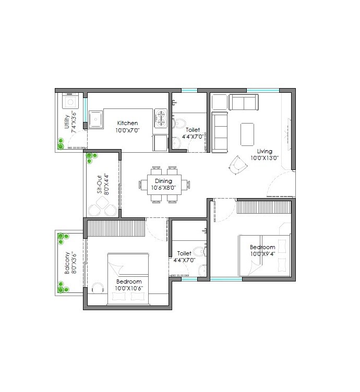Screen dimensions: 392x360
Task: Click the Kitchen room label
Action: click(127, 123)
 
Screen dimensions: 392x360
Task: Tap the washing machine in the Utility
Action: click(70, 101)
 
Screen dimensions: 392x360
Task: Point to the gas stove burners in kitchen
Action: click(161, 118)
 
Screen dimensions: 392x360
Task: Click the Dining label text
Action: click(163, 181)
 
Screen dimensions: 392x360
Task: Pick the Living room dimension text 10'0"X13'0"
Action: click(265, 158)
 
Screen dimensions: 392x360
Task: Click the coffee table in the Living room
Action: click(247, 134)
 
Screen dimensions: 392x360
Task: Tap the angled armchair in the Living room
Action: click(237, 165)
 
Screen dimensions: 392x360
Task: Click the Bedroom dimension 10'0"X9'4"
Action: click(262, 254)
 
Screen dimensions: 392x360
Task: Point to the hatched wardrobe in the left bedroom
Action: click(115, 228)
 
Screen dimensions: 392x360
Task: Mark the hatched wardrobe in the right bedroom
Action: click(263, 207)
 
